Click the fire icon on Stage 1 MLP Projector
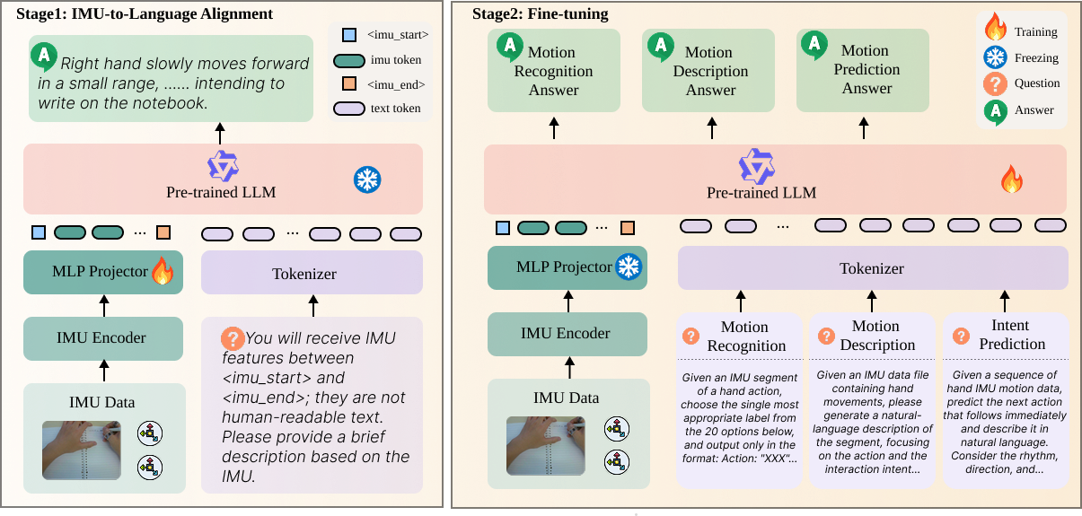tap(163, 271)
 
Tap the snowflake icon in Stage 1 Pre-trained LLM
tap(366, 179)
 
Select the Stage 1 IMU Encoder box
tap(102, 338)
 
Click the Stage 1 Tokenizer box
tap(311, 273)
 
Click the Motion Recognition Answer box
tap(553, 71)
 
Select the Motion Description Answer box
tap(708, 71)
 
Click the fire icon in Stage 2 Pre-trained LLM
tap(1012, 181)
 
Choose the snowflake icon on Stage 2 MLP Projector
tap(628, 267)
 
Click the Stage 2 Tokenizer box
tap(872, 268)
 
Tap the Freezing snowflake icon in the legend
tap(996, 57)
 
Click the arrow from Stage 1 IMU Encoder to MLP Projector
tap(103, 306)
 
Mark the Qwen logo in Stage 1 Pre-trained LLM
tap(222, 167)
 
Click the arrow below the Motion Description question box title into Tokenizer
tap(871, 301)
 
